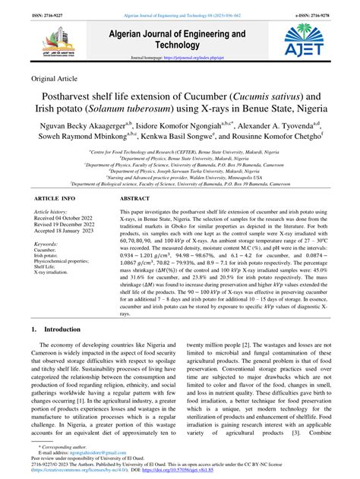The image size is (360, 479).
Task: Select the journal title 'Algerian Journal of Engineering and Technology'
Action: point(178,39)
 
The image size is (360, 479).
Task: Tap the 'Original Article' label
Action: point(57,78)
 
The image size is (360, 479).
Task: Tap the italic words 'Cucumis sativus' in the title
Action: point(278,98)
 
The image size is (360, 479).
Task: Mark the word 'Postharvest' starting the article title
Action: point(75,98)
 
